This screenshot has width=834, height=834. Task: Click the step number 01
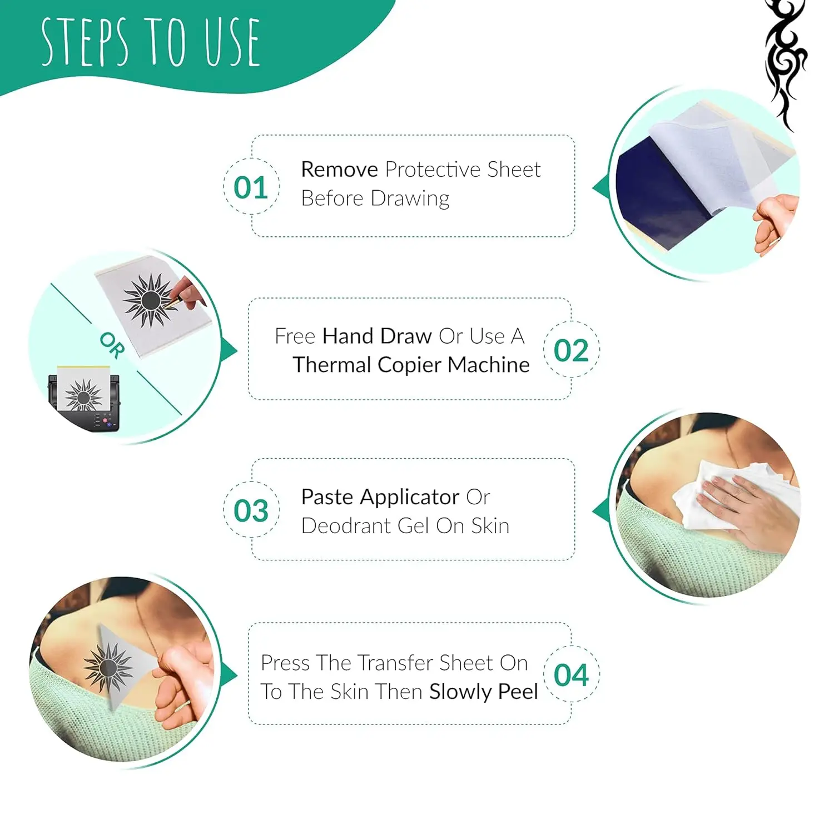click(x=251, y=187)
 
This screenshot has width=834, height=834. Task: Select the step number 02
click(x=571, y=350)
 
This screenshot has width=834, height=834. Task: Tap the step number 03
click(x=251, y=510)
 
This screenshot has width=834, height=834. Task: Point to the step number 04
click(x=571, y=675)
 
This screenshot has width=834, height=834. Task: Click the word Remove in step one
click(x=339, y=170)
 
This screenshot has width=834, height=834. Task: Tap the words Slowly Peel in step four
click(x=483, y=692)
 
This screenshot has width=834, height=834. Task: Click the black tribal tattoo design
click(x=785, y=61)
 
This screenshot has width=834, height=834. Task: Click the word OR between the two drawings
click(x=113, y=346)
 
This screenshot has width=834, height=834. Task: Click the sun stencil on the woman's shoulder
click(x=108, y=667)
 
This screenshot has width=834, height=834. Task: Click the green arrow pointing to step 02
click(x=230, y=350)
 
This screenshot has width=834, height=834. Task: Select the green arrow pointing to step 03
click(x=600, y=510)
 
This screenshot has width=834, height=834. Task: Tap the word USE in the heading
click(x=231, y=43)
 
